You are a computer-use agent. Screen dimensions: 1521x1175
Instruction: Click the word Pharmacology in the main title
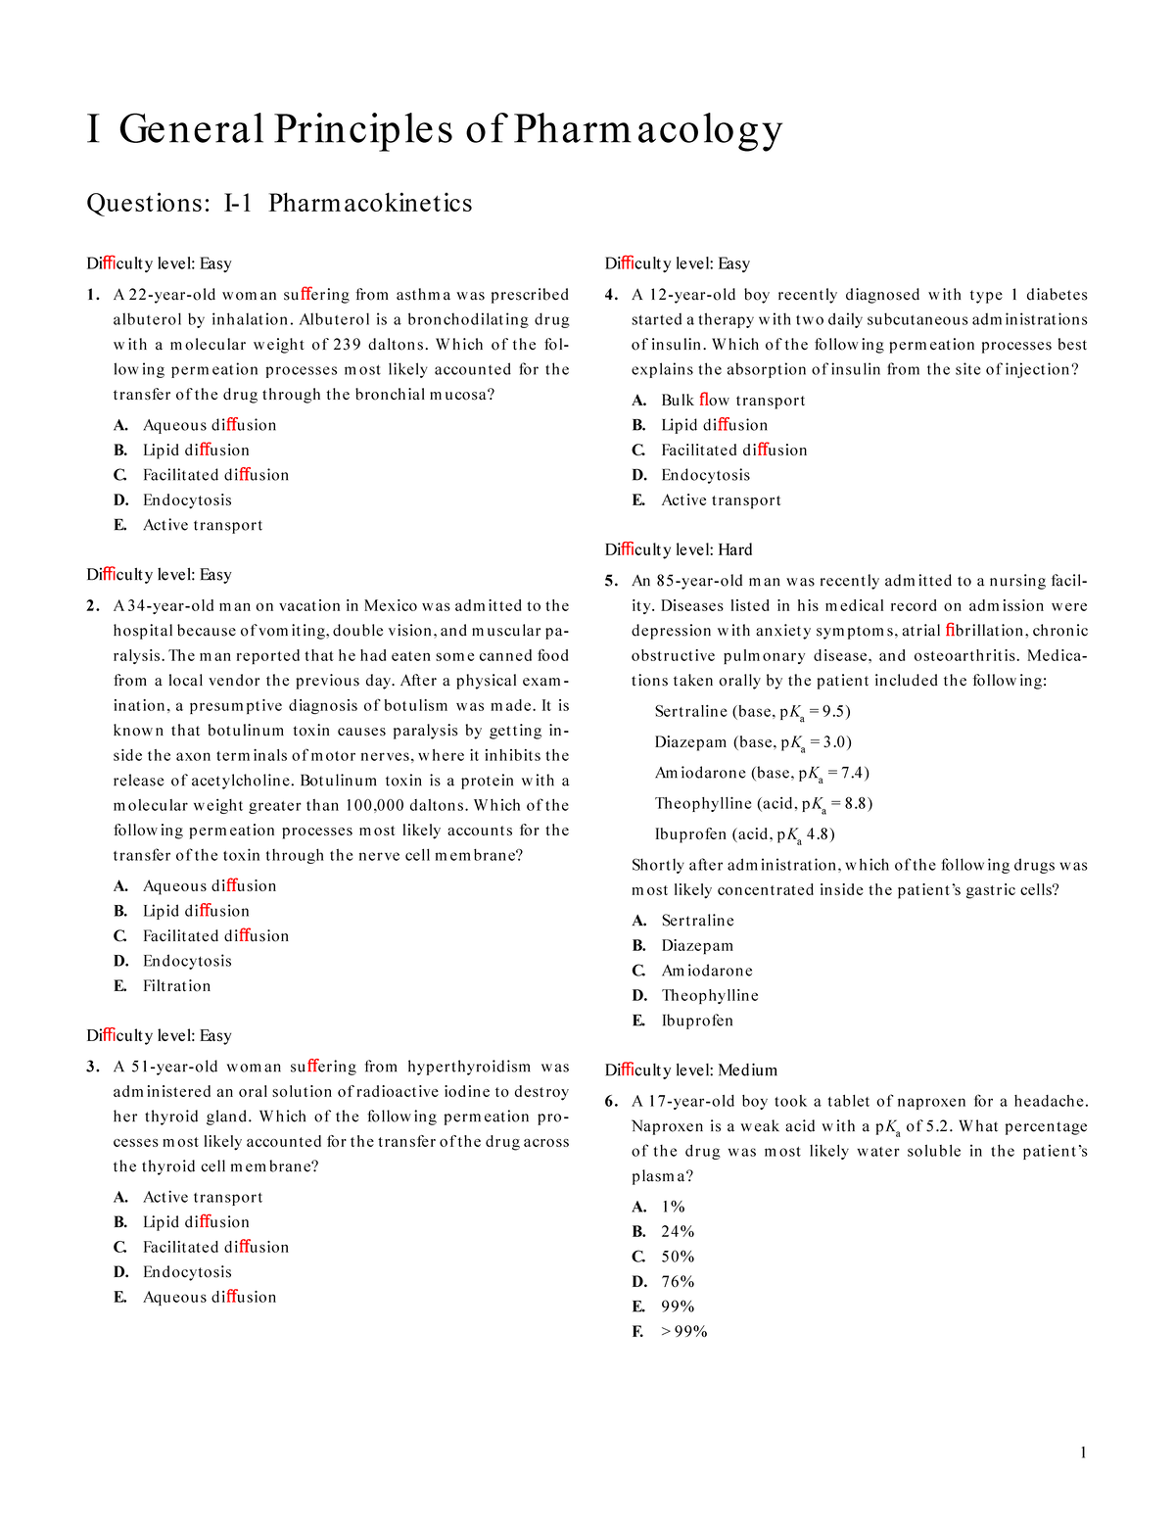[647, 130]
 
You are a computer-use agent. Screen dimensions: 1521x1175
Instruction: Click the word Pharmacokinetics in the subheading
[370, 204]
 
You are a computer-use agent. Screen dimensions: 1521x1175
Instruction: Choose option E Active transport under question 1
[203, 525]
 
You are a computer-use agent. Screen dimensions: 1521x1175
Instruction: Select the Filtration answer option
[176, 986]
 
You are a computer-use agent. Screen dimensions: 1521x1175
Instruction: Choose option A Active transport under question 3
[203, 1197]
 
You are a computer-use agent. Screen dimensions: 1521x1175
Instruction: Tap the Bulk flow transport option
[732, 401]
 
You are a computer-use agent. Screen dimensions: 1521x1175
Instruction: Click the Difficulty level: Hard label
[679, 549]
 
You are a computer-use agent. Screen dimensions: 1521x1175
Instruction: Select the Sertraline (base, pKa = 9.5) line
[752, 712]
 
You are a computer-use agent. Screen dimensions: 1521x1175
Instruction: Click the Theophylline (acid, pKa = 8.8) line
[763, 804]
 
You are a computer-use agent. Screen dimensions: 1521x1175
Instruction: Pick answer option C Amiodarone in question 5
[706, 971]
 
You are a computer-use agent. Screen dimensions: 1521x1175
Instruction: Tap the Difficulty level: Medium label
[690, 1070]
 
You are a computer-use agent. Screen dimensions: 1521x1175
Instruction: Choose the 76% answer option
[678, 1282]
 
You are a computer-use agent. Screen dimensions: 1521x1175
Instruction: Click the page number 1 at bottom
[1083, 1452]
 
